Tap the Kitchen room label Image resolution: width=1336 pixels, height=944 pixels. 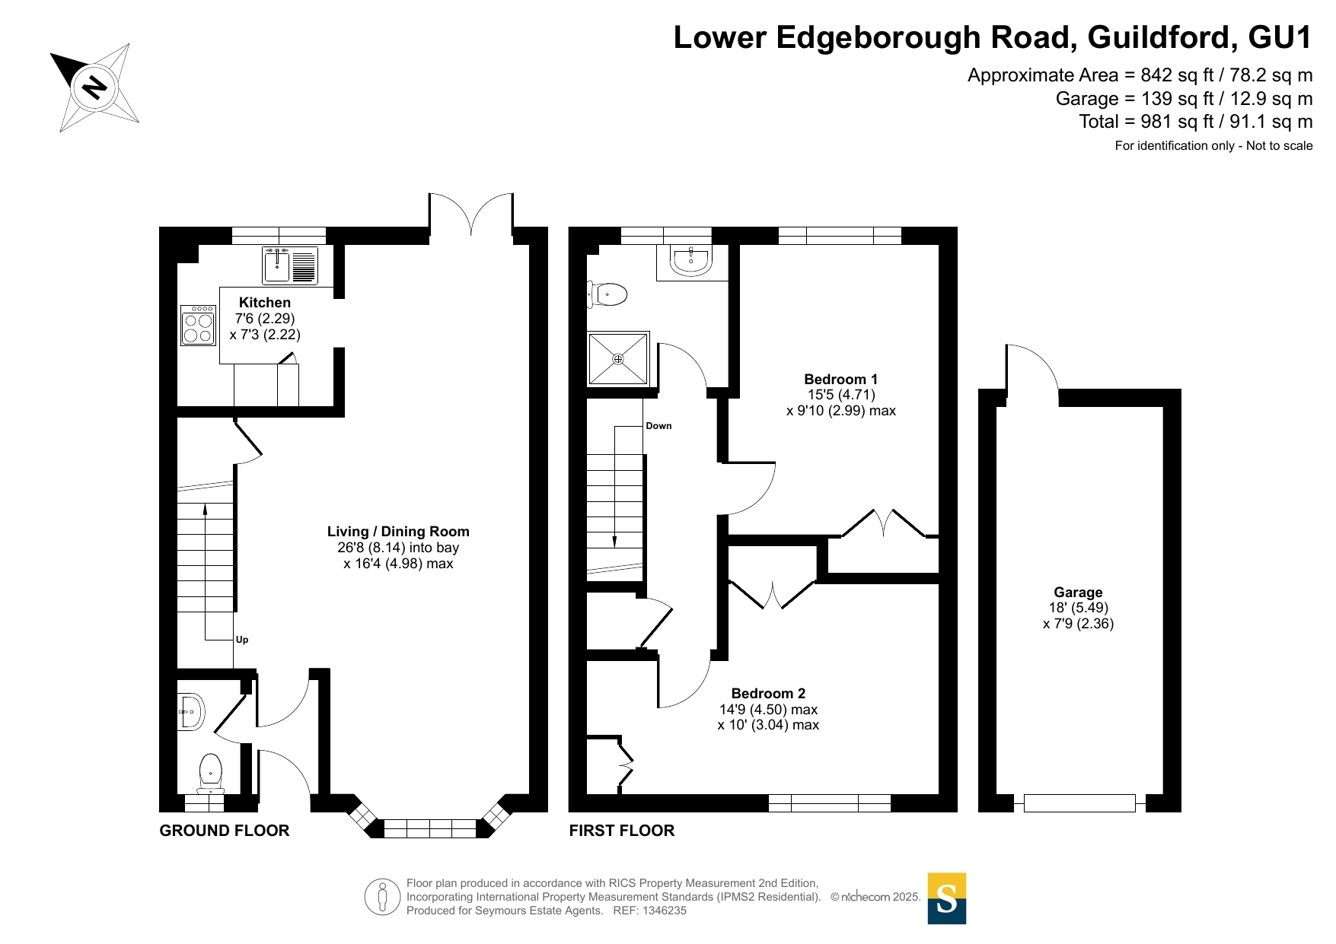(265, 303)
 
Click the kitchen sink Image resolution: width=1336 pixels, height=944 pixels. (290, 265)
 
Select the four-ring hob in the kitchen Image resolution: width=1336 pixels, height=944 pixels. (198, 326)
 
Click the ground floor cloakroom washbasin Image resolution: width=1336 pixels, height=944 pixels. (191, 712)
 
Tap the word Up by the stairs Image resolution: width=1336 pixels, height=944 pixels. (242, 640)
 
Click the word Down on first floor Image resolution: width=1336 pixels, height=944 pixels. (658, 426)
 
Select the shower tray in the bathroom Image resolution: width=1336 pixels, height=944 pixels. (618, 358)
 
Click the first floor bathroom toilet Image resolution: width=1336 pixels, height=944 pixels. (607, 294)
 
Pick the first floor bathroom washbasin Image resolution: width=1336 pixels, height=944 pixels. (690, 260)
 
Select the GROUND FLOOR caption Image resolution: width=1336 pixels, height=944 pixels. (225, 831)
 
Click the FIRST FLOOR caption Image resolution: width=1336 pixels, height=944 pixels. (622, 831)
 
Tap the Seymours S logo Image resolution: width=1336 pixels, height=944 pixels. (947, 898)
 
